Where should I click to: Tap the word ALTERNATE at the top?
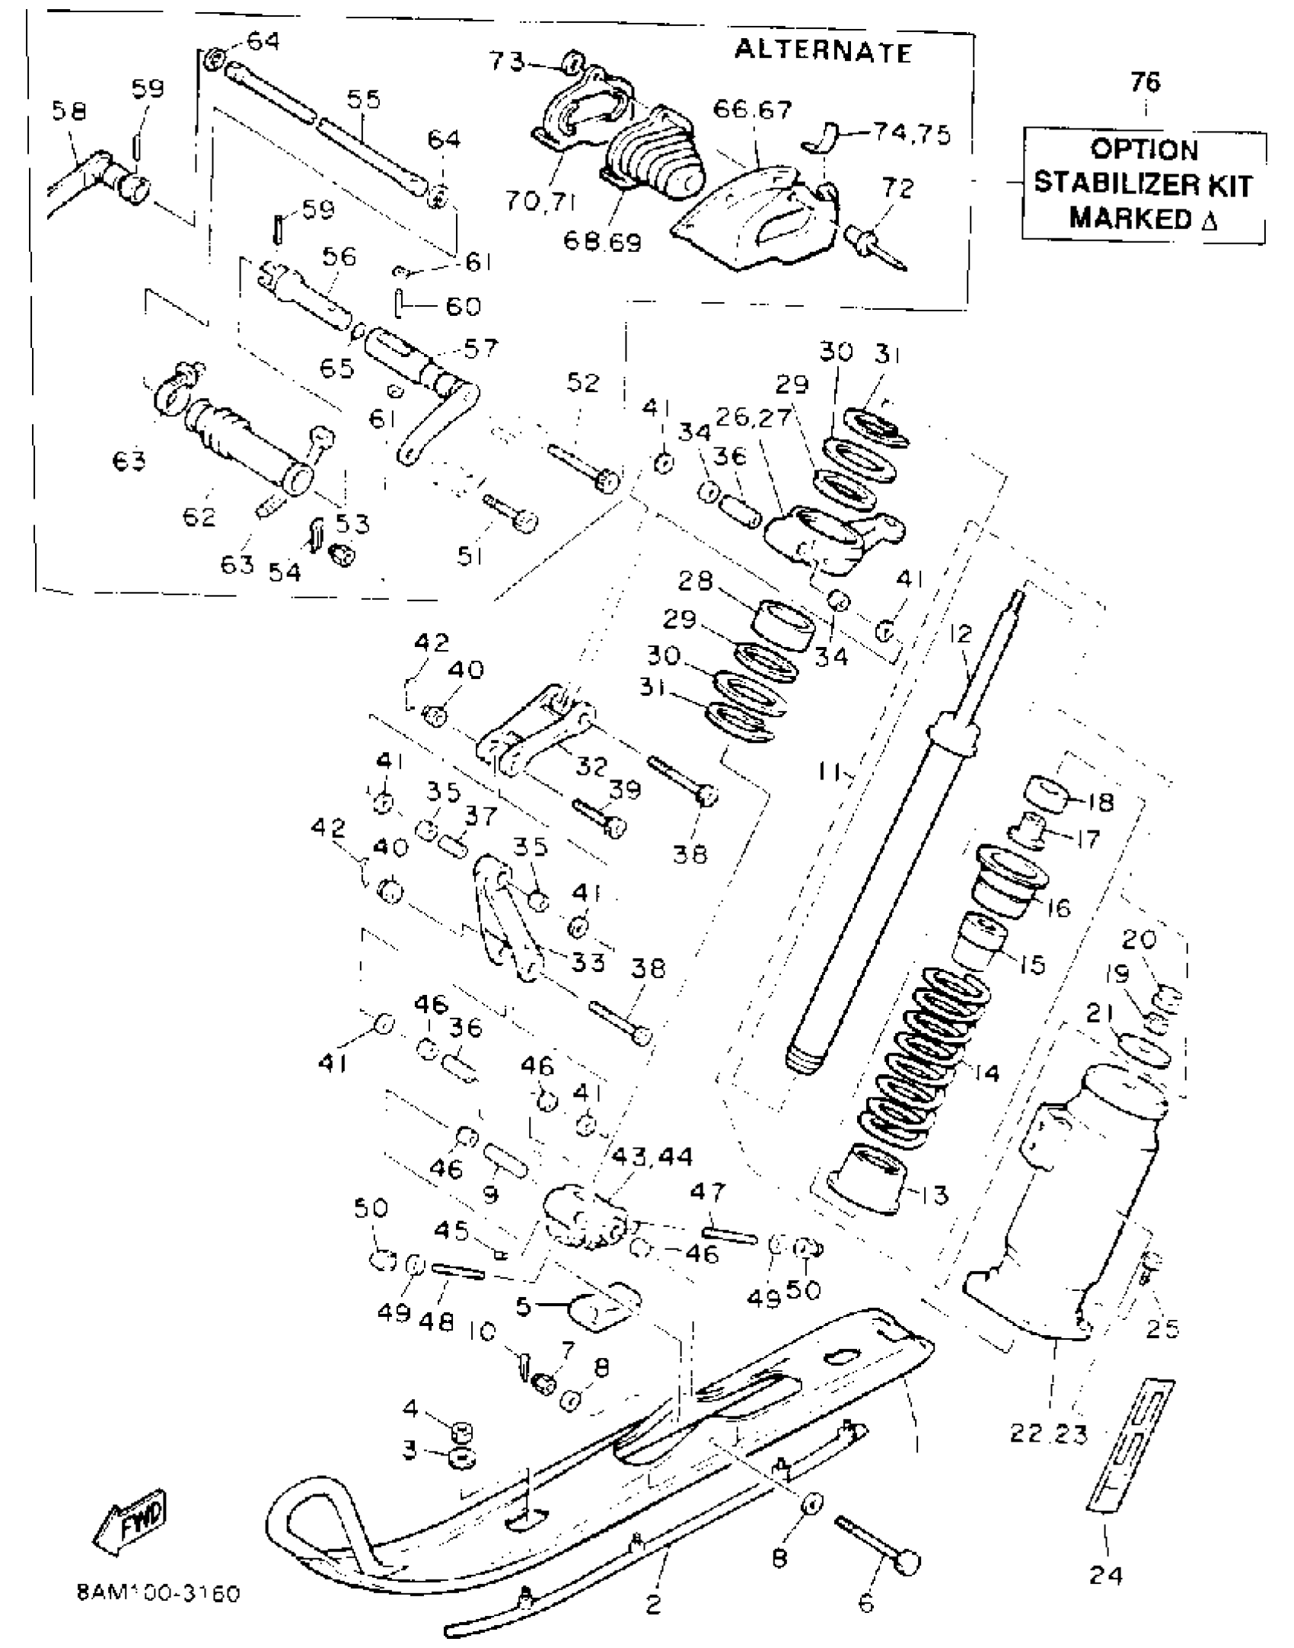[x=823, y=51]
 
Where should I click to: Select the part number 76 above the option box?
[x=1145, y=81]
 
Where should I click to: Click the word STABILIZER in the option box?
[x=1143, y=184]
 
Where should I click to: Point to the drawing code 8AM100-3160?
[x=158, y=1593]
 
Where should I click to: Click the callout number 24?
[x=1105, y=1574]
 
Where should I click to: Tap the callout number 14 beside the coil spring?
[x=986, y=1073]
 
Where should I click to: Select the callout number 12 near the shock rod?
[x=961, y=633]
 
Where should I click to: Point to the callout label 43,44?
[x=652, y=1158]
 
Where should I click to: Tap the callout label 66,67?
[x=752, y=110]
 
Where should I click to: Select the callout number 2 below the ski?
[x=653, y=1603]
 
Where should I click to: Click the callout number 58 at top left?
[x=69, y=111]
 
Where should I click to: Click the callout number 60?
[x=464, y=306]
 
